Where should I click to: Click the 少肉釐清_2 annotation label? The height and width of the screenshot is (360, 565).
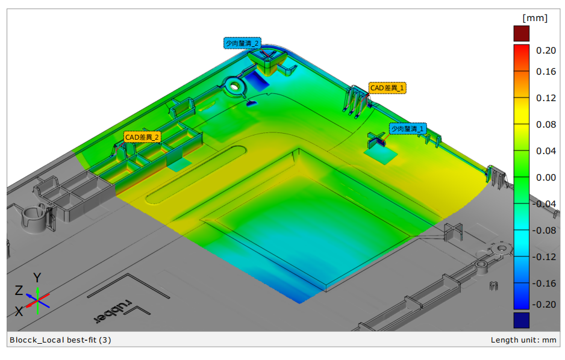tap(242, 43)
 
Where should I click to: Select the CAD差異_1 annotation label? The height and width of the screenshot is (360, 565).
tap(387, 88)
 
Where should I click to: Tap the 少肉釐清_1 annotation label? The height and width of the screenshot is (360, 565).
tap(408, 129)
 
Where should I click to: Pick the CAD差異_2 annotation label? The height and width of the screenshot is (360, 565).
tap(142, 137)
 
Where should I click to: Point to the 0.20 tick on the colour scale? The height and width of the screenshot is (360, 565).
tap(546, 51)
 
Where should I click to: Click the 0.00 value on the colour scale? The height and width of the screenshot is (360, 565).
tap(546, 178)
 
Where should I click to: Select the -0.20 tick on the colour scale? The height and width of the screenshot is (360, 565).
tap(545, 304)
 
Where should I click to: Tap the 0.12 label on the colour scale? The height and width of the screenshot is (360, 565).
tap(546, 98)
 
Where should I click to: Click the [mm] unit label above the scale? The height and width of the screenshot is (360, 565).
tap(535, 18)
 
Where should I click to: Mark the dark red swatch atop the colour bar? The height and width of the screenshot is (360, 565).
tap(521, 34)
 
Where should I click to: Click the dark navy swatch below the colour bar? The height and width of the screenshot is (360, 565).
tap(521, 319)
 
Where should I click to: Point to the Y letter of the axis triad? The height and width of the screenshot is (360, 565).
tap(37, 278)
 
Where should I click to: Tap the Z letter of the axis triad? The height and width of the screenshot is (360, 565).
tap(19, 291)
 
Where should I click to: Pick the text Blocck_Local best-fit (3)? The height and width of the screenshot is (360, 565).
tap(60, 340)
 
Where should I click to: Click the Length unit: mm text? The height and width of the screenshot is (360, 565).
tap(523, 340)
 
